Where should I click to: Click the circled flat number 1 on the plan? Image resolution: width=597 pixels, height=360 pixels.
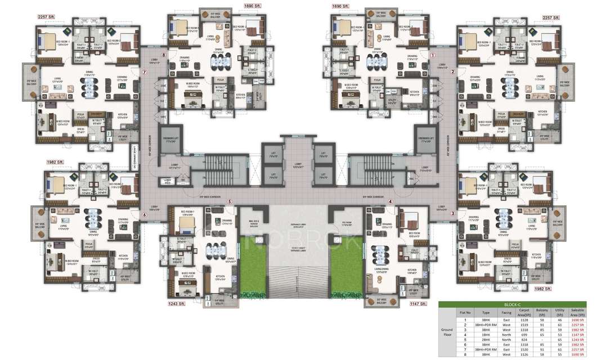point(433,55)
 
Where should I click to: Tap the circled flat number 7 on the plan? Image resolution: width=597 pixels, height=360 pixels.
point(145,72)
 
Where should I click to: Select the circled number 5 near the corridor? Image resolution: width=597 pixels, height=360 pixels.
point(229,201)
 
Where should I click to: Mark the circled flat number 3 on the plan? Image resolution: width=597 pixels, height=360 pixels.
point(452,214)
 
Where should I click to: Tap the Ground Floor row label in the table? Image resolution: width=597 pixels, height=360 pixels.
point(447,333)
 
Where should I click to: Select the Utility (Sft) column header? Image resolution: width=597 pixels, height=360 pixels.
point(560,312)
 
